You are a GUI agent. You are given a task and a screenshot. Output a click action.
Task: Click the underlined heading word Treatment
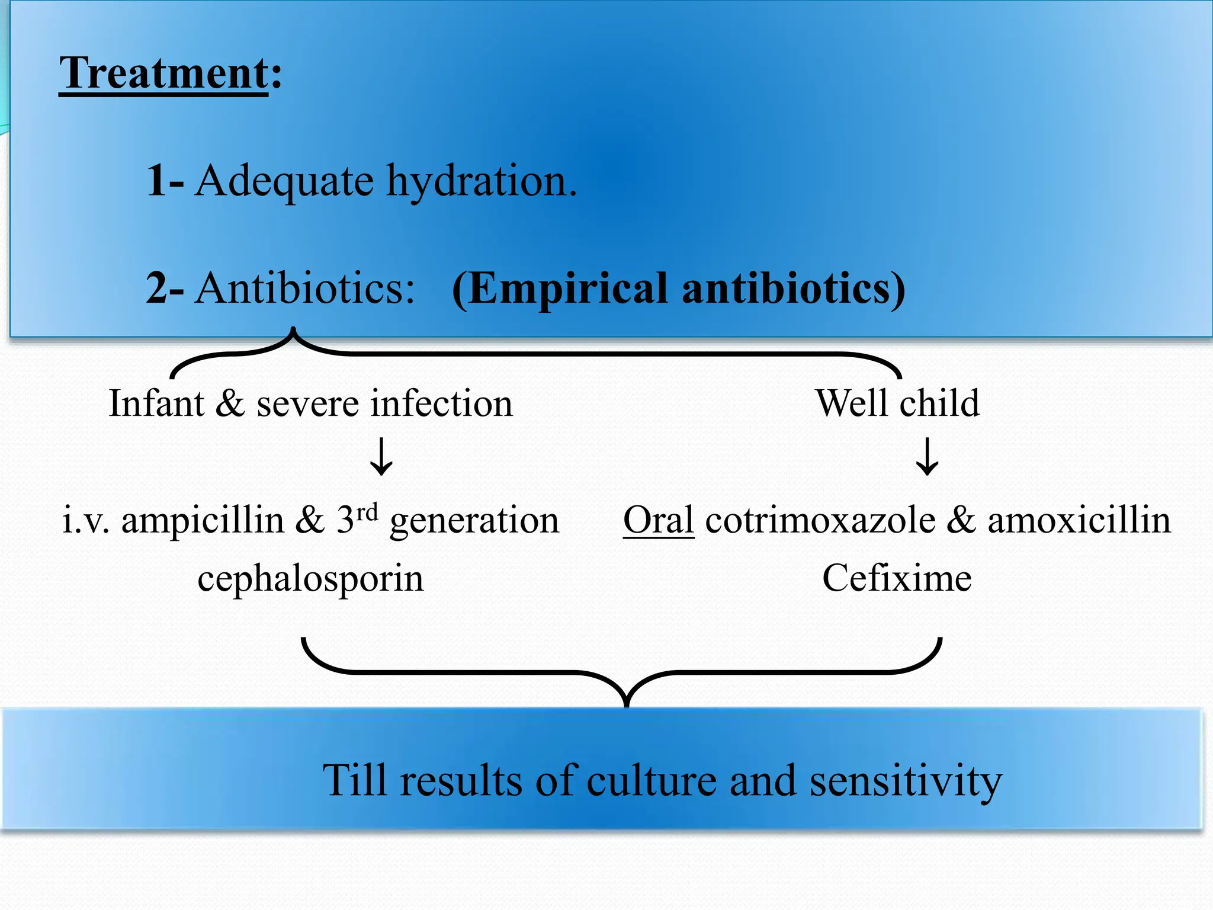(163, 73)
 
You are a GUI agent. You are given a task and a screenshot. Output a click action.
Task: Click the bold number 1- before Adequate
(165, 180)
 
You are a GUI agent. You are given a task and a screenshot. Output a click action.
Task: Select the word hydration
(481, 181)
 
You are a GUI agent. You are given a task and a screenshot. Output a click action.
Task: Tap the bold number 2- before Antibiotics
(165, 288)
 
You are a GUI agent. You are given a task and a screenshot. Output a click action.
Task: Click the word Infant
(156, 404)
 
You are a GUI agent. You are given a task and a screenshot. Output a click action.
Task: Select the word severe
(307, 405)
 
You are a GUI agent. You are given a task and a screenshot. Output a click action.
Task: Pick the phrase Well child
(897, 404)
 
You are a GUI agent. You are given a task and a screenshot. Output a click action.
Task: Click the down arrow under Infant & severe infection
(381, 457)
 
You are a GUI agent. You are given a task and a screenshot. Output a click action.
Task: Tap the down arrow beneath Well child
(927, 457)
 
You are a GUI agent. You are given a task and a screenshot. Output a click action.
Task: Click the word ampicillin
(203, 521)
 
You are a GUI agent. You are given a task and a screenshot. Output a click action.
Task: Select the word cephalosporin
(310, 579)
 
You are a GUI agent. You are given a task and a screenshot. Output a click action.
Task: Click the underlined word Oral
(658, 520)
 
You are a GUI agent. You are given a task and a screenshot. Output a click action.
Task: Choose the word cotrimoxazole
(820, 521)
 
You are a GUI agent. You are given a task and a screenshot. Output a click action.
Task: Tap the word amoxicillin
(1079, 521)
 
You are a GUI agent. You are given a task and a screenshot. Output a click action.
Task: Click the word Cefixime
(897, 578)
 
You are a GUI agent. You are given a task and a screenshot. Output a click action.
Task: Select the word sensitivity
(906, 781)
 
